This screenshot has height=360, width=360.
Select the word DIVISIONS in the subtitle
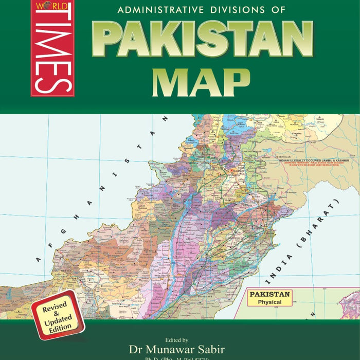tap(225, 9)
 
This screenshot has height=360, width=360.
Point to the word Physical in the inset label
tap(270, 302)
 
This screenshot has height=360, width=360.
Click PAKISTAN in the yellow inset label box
tap(271, 295)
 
